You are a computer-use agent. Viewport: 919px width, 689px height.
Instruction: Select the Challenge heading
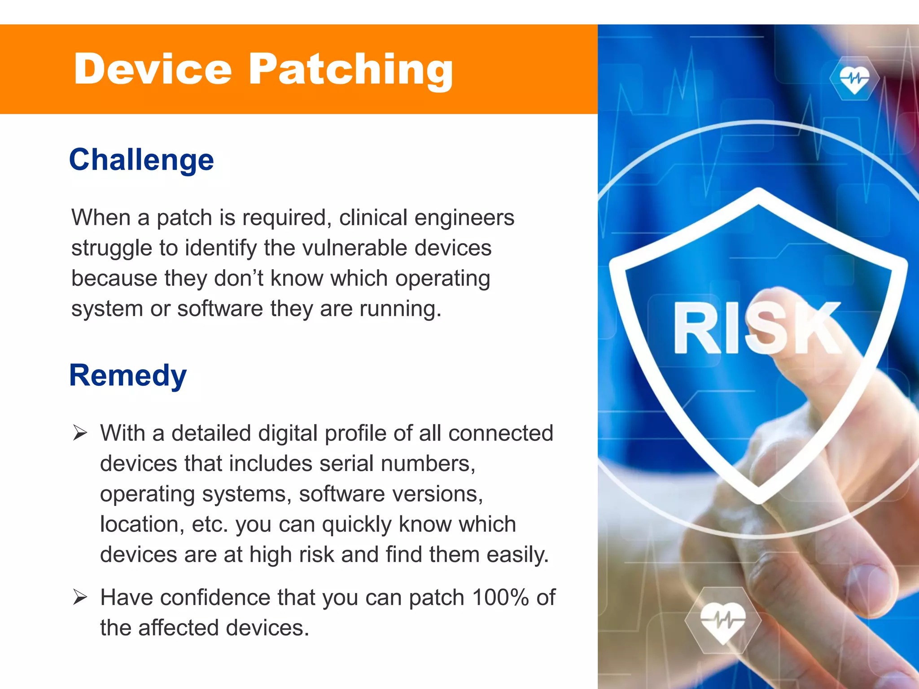[x=141, y=160]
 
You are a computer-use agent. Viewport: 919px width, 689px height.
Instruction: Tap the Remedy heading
[x=128, y=375]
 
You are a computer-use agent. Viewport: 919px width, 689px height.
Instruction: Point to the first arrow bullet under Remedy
[x=80, y=433]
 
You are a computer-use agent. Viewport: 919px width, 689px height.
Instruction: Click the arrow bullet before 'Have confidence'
[x=80, y=597]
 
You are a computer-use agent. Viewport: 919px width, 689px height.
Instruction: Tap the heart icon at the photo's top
[x=854, y=79]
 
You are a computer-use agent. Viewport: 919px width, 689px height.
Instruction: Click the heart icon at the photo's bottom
[x=722, y=620]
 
